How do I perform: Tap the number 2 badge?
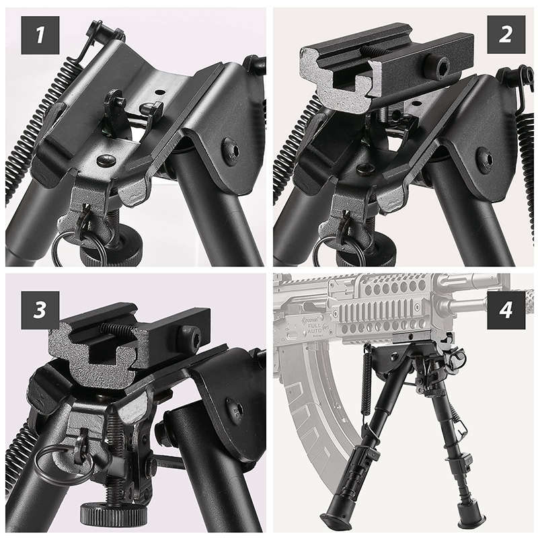tap(504, 34)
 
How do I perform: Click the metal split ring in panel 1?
tap(67, 247)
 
